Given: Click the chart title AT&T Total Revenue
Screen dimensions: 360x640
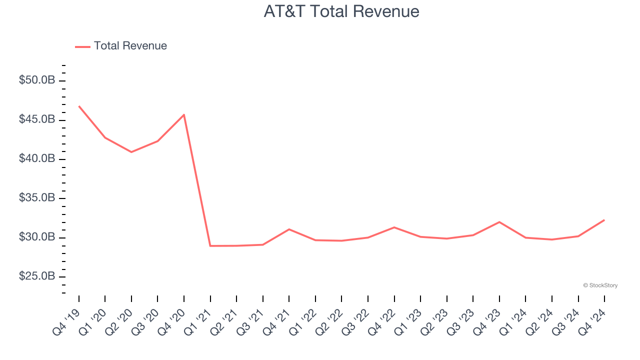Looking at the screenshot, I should coord(341,11).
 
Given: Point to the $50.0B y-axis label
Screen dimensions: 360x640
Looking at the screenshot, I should coord(37,80).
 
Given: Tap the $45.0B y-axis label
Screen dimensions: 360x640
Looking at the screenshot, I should coord(37,120).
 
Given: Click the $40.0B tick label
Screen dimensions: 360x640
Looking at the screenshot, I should coord(37,159).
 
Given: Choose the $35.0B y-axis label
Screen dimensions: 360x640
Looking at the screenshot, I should coord(37,198).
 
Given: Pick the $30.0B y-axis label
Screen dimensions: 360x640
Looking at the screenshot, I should coord(37,237).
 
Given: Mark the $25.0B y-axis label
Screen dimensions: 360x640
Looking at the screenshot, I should coord(37,276).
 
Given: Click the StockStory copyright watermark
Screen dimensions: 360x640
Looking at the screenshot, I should coord(600,285).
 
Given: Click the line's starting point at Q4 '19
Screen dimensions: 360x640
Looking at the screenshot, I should coord(79,106).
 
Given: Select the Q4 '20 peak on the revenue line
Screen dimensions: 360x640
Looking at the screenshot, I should coord(184,114).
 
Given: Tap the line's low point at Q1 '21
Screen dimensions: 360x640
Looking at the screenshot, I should coord(210,245).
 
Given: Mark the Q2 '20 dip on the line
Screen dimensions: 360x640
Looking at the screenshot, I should coord(131,152).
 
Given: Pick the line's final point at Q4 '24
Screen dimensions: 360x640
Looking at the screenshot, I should coord(604,220).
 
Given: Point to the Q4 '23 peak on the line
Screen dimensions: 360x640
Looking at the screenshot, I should coord(499,222).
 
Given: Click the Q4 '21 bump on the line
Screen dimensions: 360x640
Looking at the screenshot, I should coord(289,229).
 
